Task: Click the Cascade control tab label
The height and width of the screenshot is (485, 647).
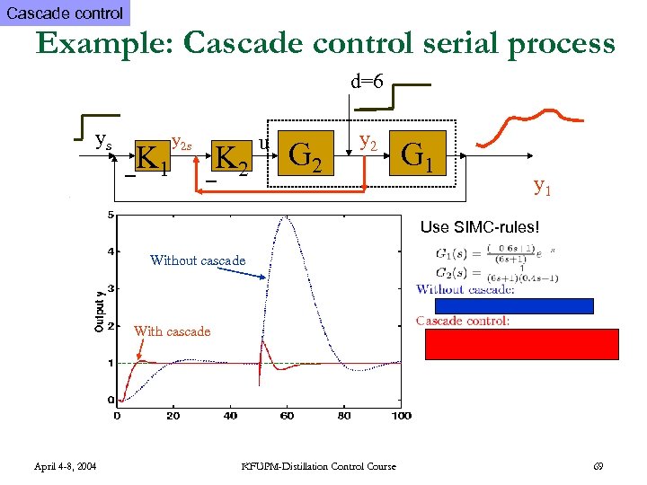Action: click(65, 13)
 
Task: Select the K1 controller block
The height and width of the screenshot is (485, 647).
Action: click(153, 158)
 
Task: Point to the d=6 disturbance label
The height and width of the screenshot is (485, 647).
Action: click(367, 82)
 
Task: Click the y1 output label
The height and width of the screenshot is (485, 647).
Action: click(543, 186)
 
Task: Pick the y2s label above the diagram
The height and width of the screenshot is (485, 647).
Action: click(182, 141)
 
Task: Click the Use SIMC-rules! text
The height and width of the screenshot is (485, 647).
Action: click(480, 228)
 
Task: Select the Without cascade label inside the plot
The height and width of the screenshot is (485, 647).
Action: click(198, 260)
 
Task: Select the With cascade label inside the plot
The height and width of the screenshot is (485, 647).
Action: click(172, 331)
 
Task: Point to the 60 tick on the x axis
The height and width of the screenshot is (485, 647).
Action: click(288, 416)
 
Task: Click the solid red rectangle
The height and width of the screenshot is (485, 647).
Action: click(521, 344)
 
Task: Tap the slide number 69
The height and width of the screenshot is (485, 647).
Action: click(598, 465)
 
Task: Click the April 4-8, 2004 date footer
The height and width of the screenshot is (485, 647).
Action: click(66, 465)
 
